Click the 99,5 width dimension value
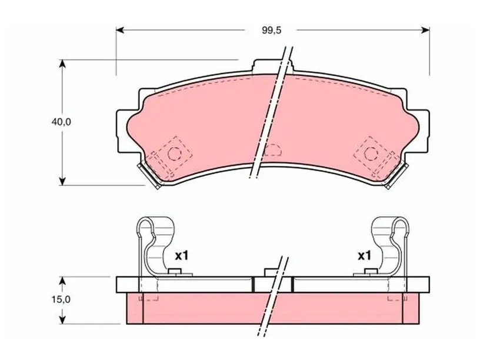[x=271, y=31]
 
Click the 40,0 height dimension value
[x=61, y=122]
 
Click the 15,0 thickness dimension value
[x=61, y=299]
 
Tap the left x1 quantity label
[x=182, y=256]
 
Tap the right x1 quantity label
[x=364, y=256]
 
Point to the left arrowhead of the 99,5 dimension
[x=119, y=30]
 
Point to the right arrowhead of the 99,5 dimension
[x=425, y=30]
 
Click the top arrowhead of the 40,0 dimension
[x=62, y=64]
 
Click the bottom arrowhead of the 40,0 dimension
[x=62, y=181]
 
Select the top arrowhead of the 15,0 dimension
[x=62, y=281]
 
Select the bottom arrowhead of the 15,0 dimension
[x=62, y=319]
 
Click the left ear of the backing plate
[x=122, y=131]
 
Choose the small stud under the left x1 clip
[x=175, y=272]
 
